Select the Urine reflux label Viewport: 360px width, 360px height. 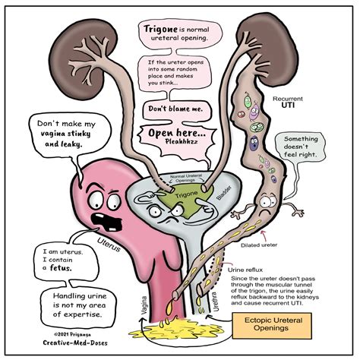(245, 269)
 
